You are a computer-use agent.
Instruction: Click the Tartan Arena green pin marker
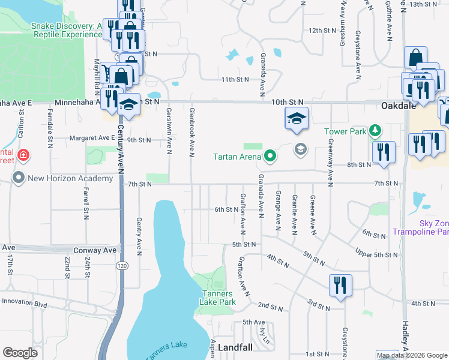(270, 157)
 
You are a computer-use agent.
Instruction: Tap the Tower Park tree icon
(375, 130)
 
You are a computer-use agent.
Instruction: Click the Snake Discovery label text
(65, 30)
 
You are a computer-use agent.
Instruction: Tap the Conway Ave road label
(94, 250)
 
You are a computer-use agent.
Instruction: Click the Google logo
(20, 353)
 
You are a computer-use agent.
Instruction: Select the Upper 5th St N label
(377, 253)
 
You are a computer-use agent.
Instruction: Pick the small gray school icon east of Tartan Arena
(300, 149)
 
